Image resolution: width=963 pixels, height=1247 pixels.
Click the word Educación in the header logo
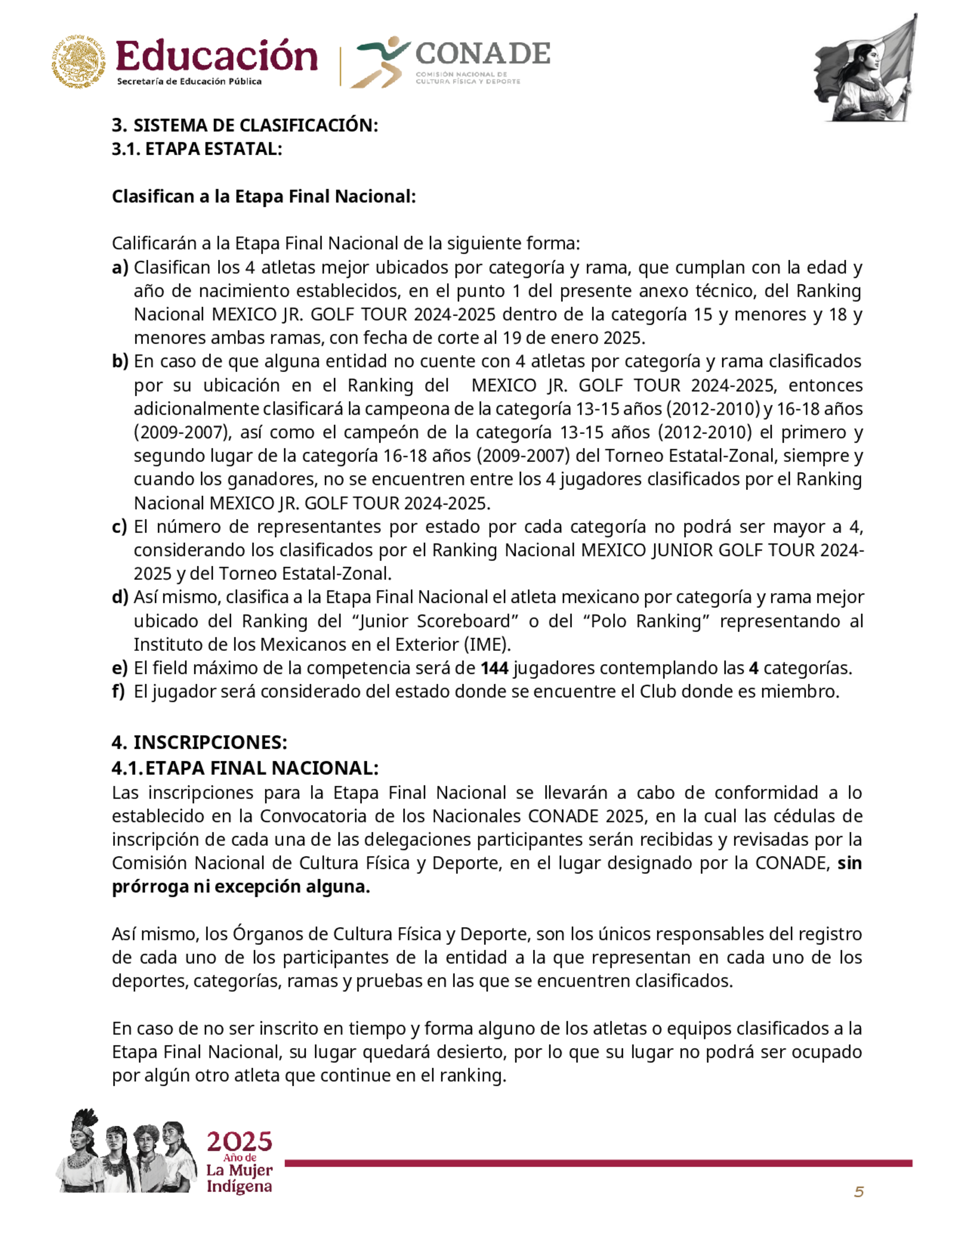(216, 57)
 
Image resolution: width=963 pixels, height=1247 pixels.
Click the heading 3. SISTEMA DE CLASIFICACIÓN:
(245, 126)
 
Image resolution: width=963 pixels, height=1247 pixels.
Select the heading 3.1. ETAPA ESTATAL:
(197, 149)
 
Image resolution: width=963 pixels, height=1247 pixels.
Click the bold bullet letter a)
(120, 267)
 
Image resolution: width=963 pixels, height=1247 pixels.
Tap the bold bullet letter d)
(120, 597)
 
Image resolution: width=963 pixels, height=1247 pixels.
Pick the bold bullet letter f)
(118, 691)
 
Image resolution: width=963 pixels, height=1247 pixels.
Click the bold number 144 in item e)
(494, 668)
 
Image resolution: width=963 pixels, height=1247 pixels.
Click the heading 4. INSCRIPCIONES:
(199, 742)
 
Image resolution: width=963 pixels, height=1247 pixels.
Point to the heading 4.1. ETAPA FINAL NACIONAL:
(245, 768)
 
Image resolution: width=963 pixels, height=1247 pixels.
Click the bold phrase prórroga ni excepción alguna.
(241, 887)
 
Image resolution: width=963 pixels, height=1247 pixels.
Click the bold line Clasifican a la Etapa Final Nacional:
(263, 197)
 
